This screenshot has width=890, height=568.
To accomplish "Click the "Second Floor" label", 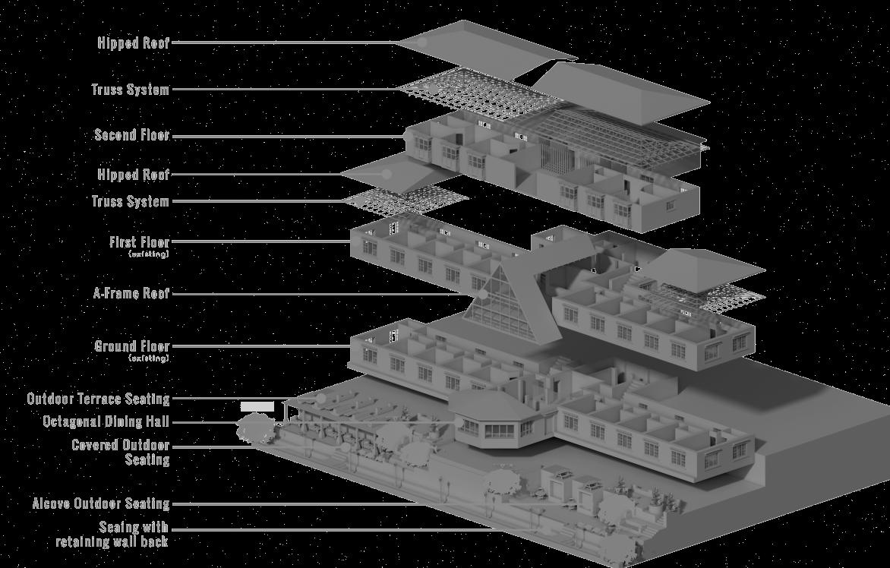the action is tap(131, 135).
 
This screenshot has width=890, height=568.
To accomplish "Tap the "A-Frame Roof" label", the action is tap(131, 293).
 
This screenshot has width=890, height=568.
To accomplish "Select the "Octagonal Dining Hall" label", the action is tap(106, 421).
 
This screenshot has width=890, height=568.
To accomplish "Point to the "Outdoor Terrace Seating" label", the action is tap(98, 399).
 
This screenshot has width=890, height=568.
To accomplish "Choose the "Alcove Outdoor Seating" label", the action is tap(100, 503).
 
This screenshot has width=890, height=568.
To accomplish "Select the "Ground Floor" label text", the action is tap(131, 346).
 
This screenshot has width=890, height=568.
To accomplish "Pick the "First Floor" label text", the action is tap(139, 242).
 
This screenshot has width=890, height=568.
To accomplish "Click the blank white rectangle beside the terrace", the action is tap(257, 407).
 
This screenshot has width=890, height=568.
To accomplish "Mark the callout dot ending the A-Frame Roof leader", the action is tap(482, 294).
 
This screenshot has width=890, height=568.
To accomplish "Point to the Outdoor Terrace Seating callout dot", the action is tap(320, 398).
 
